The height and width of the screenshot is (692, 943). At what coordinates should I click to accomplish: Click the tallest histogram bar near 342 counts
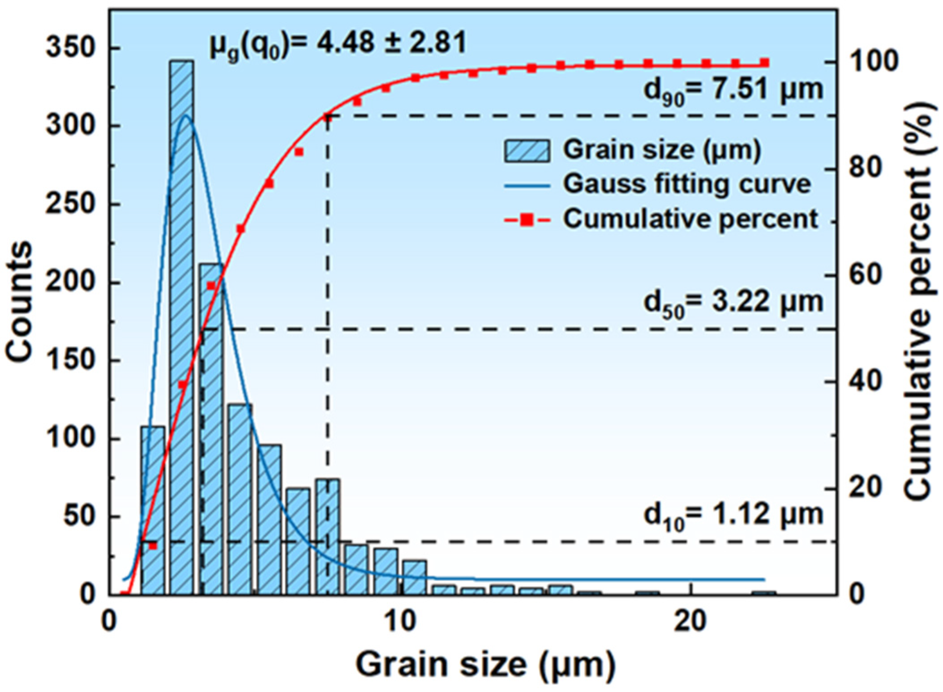tap(182, 327)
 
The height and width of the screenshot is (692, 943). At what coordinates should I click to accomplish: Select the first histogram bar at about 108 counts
tap(153, 510)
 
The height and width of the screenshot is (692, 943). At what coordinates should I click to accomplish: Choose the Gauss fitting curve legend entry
tap(686, 184)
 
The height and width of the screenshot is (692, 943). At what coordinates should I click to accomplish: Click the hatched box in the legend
tap(527, 150)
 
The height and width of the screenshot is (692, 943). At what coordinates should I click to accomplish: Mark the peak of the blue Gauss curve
tap(187, 116)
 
